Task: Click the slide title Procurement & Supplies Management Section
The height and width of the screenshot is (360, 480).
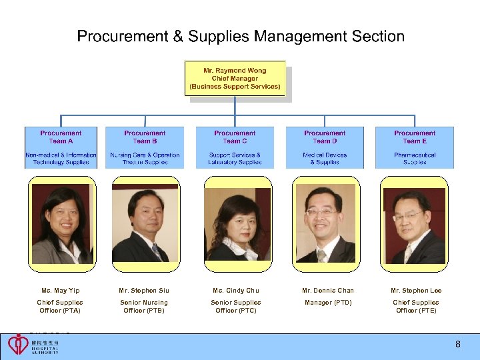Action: (241, 37)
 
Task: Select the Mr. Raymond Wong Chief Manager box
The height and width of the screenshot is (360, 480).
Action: (235, 79)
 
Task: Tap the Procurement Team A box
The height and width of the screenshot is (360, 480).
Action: (61, 147)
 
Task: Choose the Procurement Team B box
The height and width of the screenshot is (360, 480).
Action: (145, 147)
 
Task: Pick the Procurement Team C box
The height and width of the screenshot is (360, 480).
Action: (235, 147)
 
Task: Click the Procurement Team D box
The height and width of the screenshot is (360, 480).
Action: (325, 147)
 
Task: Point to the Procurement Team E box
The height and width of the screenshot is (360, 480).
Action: (415, 147)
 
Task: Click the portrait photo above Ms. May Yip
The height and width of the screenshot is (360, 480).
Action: (61, 225)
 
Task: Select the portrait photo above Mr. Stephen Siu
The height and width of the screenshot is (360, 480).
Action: (145, 225)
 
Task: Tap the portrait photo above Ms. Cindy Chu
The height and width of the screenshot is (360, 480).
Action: (237, 225)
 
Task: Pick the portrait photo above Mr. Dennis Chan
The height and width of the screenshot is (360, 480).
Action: (326, 225)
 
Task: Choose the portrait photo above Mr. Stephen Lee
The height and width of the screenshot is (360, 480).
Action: (414, 225)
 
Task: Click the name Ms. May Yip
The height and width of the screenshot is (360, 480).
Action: (61, 291)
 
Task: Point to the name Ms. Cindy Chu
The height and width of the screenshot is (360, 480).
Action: (236, 291)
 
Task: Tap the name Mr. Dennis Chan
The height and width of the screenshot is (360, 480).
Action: (328, 291)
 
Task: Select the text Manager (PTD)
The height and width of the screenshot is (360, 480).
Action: (328, 303)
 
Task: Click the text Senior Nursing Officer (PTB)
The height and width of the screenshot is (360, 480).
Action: (144, 307)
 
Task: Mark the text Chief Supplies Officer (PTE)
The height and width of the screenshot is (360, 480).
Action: (416, 307)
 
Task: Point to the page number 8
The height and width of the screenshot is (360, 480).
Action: (457, 345)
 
